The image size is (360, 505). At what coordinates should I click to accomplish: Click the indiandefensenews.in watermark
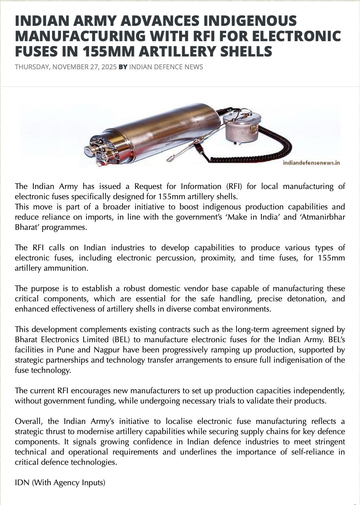(x=311, y=163)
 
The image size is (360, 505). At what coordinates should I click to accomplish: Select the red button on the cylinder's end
(x=101, y=163)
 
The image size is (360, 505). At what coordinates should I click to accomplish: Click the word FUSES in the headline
(x=35, y=51)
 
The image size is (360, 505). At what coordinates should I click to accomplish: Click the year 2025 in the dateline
(x=109, y=67)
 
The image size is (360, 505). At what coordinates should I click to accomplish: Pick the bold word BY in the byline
(x=123, y=67)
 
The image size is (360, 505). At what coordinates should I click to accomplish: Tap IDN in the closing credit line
(x=22, y=483)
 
